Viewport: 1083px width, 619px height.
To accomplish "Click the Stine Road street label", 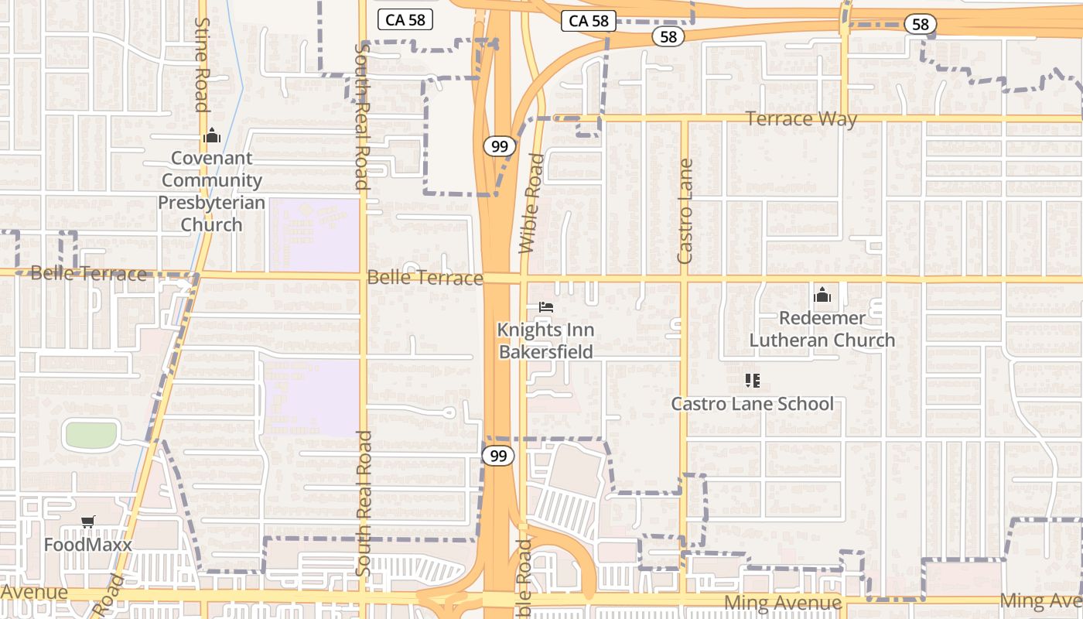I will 203,65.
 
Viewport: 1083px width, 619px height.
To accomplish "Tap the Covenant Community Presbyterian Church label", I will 211,191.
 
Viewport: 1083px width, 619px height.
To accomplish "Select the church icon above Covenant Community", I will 211,137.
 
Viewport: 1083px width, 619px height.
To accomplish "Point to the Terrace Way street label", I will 801,119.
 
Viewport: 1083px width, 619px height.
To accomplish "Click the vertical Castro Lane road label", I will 685,210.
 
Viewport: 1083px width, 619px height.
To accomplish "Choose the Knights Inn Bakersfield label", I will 545,341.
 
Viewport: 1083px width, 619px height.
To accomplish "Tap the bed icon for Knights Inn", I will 546,307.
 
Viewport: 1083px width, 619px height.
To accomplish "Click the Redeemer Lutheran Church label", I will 822,329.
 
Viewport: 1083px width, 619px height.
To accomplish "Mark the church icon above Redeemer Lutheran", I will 822,295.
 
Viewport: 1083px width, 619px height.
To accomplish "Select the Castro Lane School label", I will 752,404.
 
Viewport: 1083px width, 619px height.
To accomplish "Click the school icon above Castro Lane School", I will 752,380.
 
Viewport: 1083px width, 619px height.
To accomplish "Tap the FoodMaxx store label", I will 87,545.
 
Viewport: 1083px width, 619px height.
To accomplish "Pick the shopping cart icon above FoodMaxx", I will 87,522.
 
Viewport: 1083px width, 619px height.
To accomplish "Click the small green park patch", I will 91,435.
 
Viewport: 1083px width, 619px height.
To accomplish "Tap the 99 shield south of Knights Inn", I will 498,456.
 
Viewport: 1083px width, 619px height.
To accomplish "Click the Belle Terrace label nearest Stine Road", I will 88,274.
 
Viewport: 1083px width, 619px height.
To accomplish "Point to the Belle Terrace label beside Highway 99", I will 425,278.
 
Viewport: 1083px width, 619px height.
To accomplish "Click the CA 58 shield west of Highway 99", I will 405,20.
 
